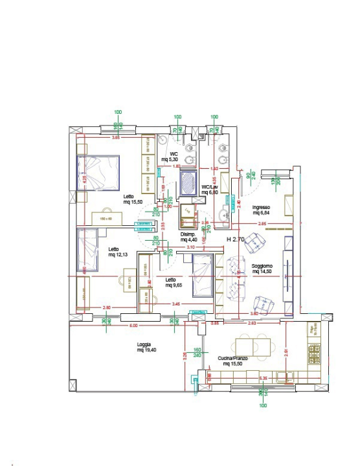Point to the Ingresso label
260,209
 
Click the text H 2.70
236,239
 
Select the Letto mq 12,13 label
117,252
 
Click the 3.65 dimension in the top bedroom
115,138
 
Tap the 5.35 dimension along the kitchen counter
263,377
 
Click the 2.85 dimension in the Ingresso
262,223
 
